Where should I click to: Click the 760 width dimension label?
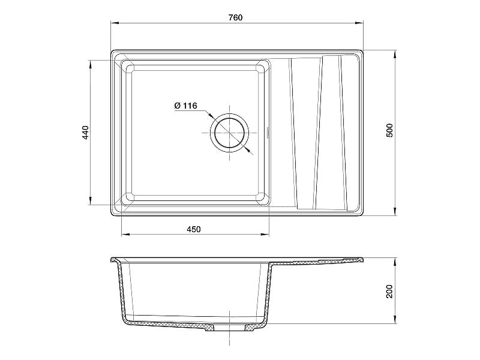(x=235, y=17)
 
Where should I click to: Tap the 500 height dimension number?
(x=389, y=130)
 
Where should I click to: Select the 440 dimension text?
(x=85, y=132)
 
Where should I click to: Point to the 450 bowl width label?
(x=194, y=229)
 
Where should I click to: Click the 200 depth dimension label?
(x=389, y=292)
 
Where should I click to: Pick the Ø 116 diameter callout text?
(x=185, y=106)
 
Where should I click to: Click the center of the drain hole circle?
(x=229, y=133)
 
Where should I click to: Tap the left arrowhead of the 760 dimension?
(x=115, y=23)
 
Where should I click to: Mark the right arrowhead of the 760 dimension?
(x=359, y=23)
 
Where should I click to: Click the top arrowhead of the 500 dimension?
(x=395, y=55)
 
